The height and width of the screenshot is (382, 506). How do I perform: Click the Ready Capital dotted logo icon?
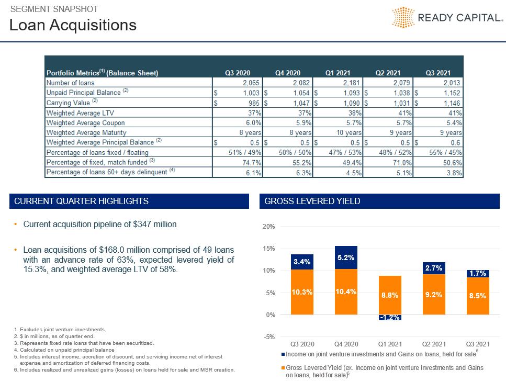click(403, 17)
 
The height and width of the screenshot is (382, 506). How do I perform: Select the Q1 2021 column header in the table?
click(338, 73)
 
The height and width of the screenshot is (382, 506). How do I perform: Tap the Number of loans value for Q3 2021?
click(452, 83)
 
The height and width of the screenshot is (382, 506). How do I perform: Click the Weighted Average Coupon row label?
click(85, 123)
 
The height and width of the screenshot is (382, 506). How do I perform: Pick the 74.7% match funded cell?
click(252, 163)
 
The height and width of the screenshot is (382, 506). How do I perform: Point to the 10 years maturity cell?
click(349, 132)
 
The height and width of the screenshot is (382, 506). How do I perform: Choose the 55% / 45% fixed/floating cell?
click(445, 152)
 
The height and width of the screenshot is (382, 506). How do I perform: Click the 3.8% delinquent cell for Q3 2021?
click(454, 173)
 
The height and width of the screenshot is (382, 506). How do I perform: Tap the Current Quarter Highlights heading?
click(81, 201)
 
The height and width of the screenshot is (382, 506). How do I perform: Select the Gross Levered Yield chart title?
click(312, 201)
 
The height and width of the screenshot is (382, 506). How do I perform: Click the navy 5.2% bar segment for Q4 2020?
click(346, 257)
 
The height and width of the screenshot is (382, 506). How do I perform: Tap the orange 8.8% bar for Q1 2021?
click(390, 295)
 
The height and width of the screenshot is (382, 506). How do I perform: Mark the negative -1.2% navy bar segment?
click(390, 318)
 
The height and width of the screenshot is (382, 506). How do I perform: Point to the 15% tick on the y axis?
click(268, 249)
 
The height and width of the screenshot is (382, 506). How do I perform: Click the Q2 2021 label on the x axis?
click(434, 344)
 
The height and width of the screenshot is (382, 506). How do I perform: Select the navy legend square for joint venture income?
click(283, 354)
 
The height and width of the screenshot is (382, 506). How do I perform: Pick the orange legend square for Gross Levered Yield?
click(283, 368)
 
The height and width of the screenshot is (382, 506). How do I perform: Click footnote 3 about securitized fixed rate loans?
click(84, 343)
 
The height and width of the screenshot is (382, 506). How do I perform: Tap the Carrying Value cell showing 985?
click(254, 103)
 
